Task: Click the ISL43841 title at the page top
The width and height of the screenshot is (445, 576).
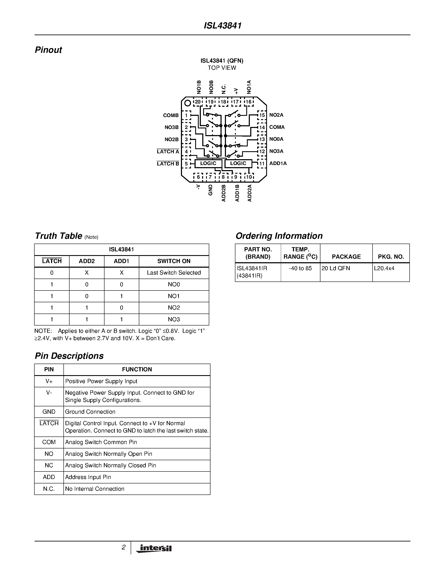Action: (x=223, y=26)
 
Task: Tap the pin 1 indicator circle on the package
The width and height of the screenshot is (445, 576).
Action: (x=187, y=103)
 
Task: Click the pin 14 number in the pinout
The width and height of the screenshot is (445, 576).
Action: (x=262, y=127)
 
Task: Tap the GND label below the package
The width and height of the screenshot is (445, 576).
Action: (x=210, y=190)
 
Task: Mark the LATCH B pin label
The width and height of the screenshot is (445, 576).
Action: (x=168, y=164)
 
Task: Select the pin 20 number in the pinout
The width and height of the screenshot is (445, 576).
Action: (x=197, y=102)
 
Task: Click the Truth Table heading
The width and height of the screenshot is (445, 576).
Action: (x=58, y=236)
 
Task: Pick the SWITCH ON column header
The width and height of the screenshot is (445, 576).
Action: (x=174, y=261)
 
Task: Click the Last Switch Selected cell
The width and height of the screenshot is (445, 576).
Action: (x=174, y=273)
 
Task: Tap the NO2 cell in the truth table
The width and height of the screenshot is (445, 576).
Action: (x=174, y=307)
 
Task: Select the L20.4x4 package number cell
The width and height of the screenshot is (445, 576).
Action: (x=384, y=269)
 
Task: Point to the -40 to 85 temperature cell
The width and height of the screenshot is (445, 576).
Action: (x=300, y=269)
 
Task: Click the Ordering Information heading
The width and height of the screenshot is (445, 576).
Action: (x=279, y=236)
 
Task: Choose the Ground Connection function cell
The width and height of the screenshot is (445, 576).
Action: (x=90, y=412)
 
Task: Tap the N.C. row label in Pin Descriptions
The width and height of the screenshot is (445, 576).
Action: (x=49, y=489)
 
